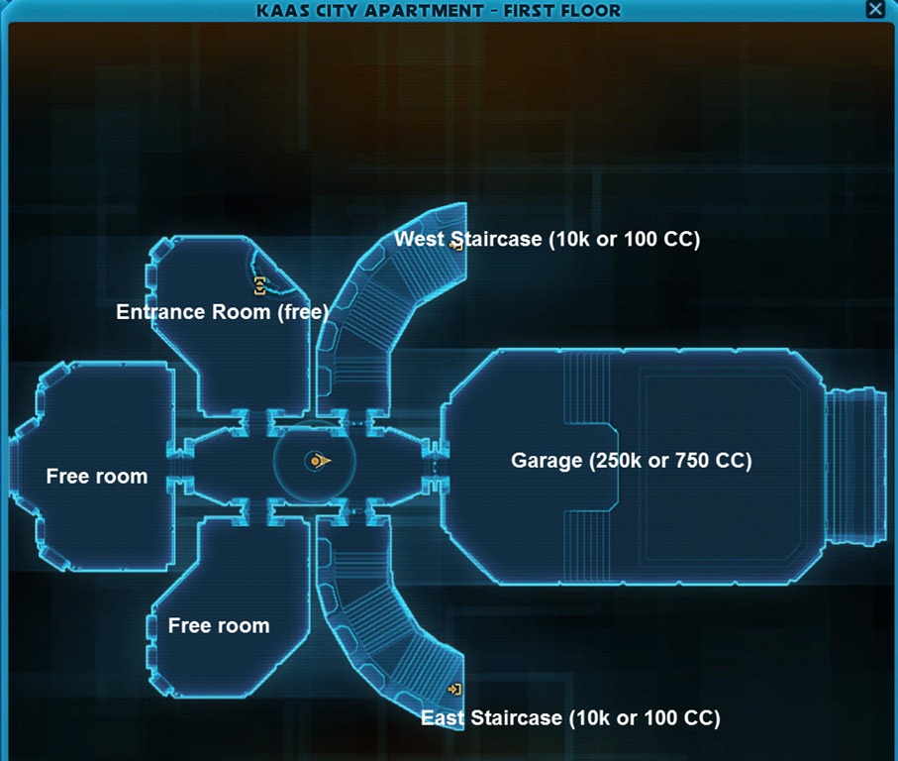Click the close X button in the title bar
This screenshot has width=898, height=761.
(875, 10)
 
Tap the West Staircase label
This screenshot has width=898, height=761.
(547, 239)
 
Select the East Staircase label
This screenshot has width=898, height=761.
(570, 717)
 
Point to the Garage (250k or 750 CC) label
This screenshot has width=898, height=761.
(631, 461)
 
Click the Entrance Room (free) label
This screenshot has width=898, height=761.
(223, 312)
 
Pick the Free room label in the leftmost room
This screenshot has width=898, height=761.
(97, 477)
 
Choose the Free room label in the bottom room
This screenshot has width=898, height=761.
(219, 626)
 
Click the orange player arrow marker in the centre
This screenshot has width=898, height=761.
(319, 461)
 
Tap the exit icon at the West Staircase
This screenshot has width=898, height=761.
(456, 244)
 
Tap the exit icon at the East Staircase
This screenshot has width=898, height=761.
(454, 689)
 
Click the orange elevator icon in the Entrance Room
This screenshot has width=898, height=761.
(259, 286)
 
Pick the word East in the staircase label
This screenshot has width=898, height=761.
(443, 717)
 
